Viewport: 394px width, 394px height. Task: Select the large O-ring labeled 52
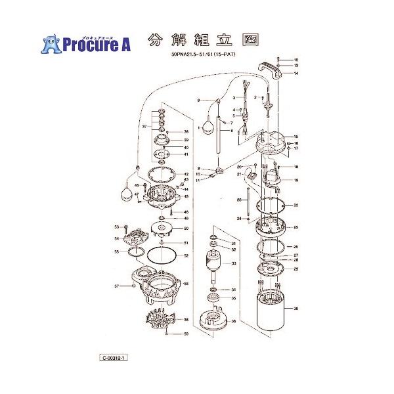pyautogui.click(x=160, y=255)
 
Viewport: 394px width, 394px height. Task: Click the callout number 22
pyautogui.click(x=296, y=206)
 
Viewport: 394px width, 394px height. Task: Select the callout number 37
pyautogui.click(x=144, y=126)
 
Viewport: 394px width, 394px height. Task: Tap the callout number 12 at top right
pyautogui.click(x=296, y=59)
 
